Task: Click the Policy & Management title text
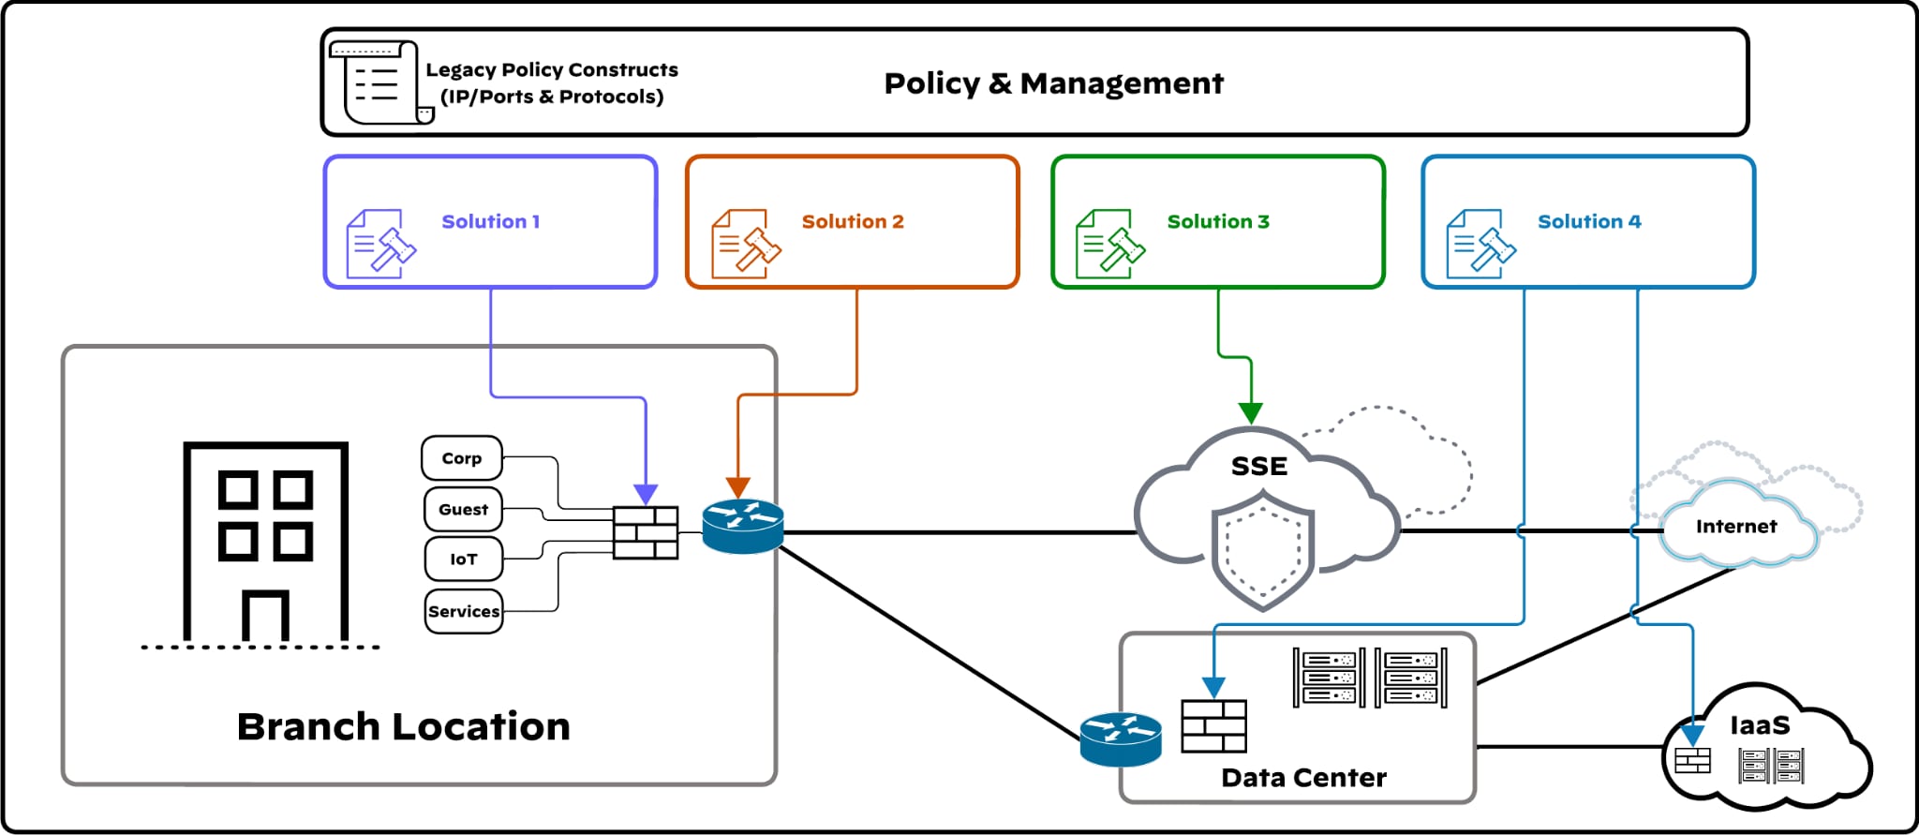click(1053, 83)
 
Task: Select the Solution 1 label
click(490, 222)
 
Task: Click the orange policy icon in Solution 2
click(745, 245)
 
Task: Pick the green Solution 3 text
click(1217, 222)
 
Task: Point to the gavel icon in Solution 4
click(1480, 245)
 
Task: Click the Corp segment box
click(462, 458)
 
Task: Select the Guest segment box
click(463, 509)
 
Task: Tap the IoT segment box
click(463, 559)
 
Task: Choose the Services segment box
click(464, 611)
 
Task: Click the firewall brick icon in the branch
click(646, 532)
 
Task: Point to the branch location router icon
click(743, 526)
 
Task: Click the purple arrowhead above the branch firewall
click(646, 494)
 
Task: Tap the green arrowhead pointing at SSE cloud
click(1251, 412)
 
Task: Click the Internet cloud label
click(1735, 527)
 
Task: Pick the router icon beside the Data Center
click(1121, 738)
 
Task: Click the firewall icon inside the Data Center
click(1213, 726)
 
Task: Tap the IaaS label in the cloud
click(1760, 725)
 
